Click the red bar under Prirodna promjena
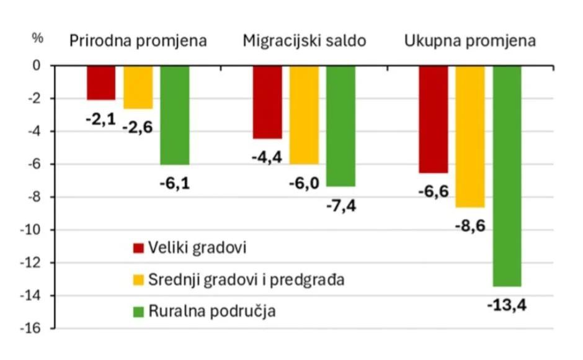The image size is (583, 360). coord(101,83)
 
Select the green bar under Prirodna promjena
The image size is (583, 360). coord(174,115)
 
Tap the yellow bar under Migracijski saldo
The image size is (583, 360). coord(304,115)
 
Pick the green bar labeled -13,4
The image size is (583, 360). coord(507,176)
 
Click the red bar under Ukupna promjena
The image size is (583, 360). coord(433,119)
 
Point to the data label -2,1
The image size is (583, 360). coord(101,117)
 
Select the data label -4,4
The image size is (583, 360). coord(267,157)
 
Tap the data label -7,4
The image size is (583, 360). coord(342,205)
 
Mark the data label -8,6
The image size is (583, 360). coord(470,226)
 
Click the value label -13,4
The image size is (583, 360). coord(507,305)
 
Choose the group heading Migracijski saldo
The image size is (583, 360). coord(304,41)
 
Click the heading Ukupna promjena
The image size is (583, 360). coord(470,41)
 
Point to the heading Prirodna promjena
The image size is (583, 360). coord(138,41)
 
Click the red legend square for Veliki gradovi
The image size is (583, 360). coord(139,248)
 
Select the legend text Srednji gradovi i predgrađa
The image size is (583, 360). coord(246,280)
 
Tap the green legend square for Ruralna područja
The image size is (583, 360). coord(139,311)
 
